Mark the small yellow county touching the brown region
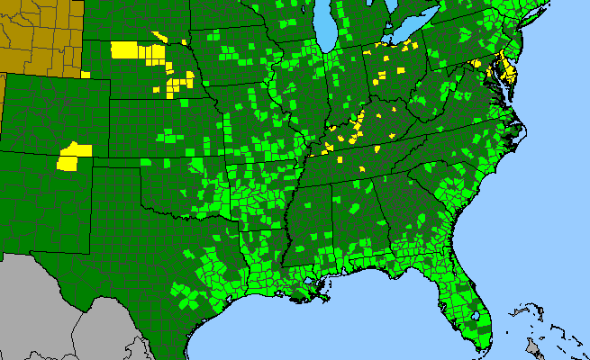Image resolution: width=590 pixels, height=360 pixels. (86, 76)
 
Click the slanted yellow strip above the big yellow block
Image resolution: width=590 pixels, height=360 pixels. (160, 37)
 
